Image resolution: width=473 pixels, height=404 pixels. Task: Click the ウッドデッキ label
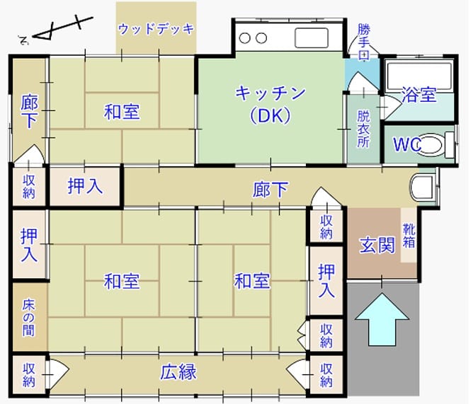[x=156, y=29]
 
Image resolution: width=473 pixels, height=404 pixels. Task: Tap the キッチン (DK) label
[x=270, y=105]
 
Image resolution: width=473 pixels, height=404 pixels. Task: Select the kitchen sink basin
[x=312, y=37]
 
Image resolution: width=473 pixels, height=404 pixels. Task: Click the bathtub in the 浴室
[x=418, y=76]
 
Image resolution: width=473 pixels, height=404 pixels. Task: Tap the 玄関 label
[x=377, y=245]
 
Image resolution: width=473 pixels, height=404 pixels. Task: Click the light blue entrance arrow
[x=382, y=319]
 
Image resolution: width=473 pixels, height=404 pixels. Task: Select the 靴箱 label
[x=409, y=236]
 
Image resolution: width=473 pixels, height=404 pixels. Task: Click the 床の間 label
[x=28, y=318]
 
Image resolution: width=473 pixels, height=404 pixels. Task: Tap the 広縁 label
[x=178, y=371]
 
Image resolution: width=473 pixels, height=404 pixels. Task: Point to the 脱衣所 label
[x=363, y=129]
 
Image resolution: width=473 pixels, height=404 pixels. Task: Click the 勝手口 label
[x=364, y=42]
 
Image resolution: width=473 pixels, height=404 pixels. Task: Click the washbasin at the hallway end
[x=423, y=187]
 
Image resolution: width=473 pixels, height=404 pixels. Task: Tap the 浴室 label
[x=418, y=95]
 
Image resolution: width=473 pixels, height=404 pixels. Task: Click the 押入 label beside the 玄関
[x=326, y=281]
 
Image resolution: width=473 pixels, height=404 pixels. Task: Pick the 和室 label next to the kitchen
[x=122, y=112]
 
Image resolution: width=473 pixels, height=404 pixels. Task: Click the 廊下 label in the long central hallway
[x=270, y=190]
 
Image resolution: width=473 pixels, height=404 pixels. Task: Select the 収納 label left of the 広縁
[x=29, y=375]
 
